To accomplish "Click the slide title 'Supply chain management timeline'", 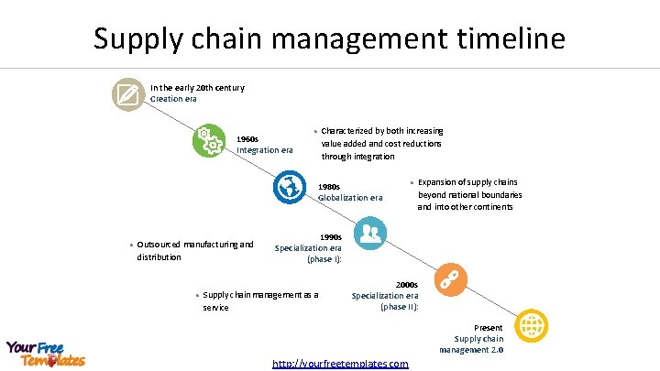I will click(x=329, y=38).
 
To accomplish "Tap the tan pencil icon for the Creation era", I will click(x=126, y=93).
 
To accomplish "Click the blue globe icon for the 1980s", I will click(x=291, y=187).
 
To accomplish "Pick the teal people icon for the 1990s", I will click(x=369, y=233).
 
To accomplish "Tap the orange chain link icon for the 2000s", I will click(x=450, y=278).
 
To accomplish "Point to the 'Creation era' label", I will click(x=173, y=99).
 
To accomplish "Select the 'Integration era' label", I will click(x=265, y=150).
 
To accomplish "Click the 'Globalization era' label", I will click(x=350, y=198).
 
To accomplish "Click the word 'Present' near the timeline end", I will click(x=488, y=328).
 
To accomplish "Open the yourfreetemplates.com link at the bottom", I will click(x=340, y=364).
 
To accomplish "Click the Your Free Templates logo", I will click(x=46, y=354).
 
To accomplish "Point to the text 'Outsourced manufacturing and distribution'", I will click(x=194, y=250).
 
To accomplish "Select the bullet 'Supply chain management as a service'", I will click(x=260, y=301).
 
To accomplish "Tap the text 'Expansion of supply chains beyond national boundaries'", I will click(x=469, y=194).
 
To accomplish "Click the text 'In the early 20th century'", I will click(x=191, y=88).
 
